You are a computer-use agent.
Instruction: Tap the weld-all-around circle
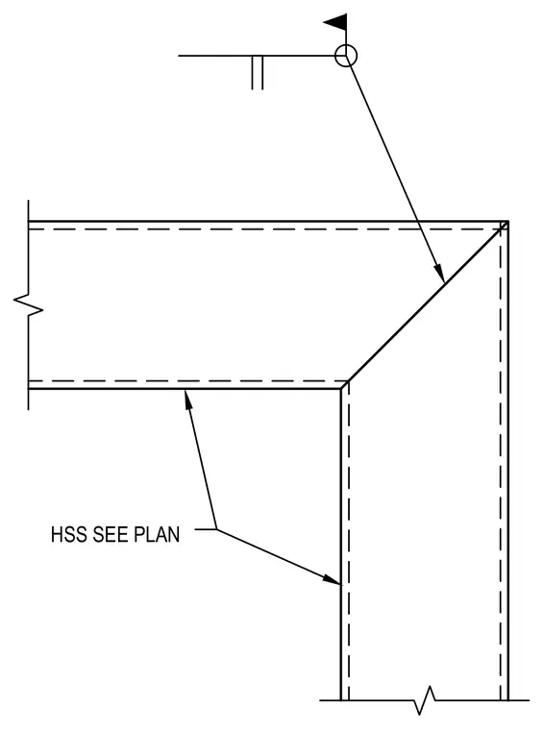346,45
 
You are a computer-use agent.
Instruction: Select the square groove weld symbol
258,73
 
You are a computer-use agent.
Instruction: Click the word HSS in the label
69,534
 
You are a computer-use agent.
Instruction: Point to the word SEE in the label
111,534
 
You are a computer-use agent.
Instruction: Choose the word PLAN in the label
157,534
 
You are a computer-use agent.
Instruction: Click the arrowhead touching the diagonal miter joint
439,273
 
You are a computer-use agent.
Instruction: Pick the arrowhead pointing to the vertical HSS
333,579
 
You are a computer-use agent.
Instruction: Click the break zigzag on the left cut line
29,305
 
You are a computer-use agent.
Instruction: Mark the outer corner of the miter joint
507,222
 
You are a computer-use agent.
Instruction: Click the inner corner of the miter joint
341,388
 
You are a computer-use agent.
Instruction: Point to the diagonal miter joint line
424,304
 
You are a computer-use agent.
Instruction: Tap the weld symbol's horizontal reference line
257,56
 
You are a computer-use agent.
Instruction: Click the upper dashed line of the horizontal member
264,230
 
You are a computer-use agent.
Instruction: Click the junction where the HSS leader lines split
216,529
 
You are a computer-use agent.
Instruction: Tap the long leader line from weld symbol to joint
395,169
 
